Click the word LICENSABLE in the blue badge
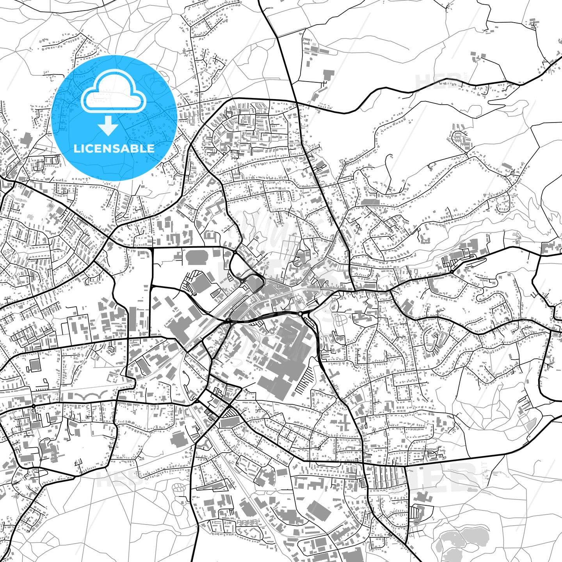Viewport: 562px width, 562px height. point(114,148)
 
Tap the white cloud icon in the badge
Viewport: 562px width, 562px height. point(113,94)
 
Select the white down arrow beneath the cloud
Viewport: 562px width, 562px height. point(108,126)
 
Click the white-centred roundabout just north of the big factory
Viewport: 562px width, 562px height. point(299,313)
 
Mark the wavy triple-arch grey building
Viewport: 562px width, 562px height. point(91,396)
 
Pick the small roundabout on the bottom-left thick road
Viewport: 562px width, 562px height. point(34,406)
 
